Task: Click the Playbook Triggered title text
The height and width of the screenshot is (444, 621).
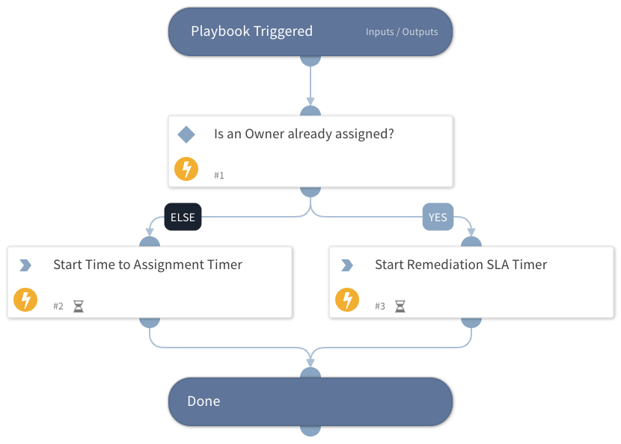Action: click(251, 31)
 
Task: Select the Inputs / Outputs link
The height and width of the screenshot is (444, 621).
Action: click(402, 32)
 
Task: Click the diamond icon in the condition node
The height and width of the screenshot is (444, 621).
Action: click(186, 135)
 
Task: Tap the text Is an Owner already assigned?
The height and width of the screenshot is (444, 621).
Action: click(304, 135)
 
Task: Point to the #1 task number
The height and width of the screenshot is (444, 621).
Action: click(219, 175)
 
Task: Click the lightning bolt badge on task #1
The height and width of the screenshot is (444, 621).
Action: click(186, 170)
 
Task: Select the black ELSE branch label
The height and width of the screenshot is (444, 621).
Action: click(183, 218)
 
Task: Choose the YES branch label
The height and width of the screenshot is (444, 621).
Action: click(438, 218)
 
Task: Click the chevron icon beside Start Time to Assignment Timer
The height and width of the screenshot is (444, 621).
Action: click(25, 265)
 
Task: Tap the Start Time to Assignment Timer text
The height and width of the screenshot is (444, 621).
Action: click(147, 265)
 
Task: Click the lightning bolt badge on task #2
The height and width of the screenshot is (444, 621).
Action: click(25, 300)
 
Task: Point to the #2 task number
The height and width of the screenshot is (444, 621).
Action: click(58, 306)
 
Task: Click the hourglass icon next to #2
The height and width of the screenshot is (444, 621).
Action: click(79, 306)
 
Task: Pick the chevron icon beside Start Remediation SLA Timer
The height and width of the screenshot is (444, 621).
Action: click(347, 265)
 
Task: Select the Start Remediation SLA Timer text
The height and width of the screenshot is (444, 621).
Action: click(461, 265)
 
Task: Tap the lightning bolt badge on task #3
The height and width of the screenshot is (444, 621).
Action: click(347, 300)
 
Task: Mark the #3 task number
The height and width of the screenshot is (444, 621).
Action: click(380, 306)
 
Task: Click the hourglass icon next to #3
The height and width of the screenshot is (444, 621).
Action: click(400, 306)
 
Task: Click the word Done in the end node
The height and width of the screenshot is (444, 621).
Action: click(204, 401)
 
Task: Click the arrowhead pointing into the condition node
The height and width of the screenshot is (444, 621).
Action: click(310, 103)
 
